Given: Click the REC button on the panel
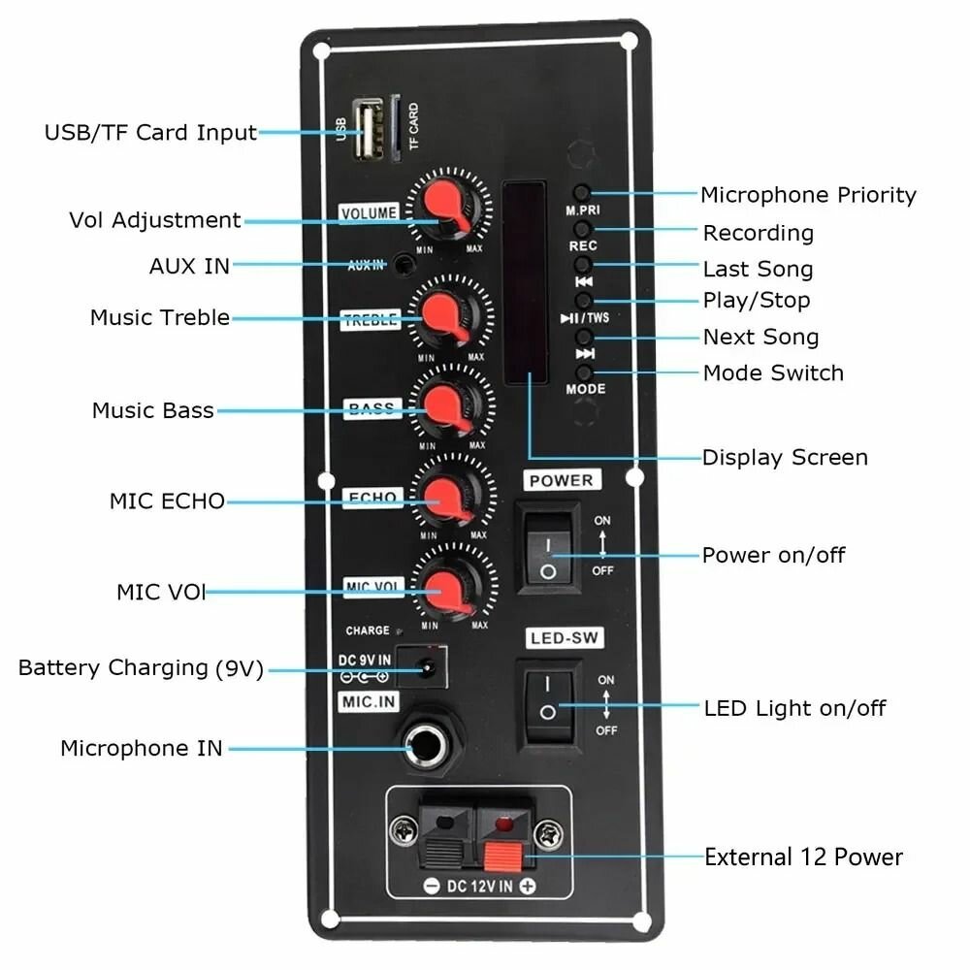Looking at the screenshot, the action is (x=583, y=229).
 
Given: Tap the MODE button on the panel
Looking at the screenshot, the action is (x=584, y=372).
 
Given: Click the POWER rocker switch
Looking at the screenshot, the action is (x=549, y=546).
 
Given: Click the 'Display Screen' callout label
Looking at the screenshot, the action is (x=785, y=457).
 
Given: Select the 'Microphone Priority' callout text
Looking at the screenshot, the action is (x=808, y=195).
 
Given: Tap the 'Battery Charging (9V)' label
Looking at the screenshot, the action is (x=141, y=668).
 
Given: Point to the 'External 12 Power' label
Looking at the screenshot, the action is (x=803, y=857).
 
